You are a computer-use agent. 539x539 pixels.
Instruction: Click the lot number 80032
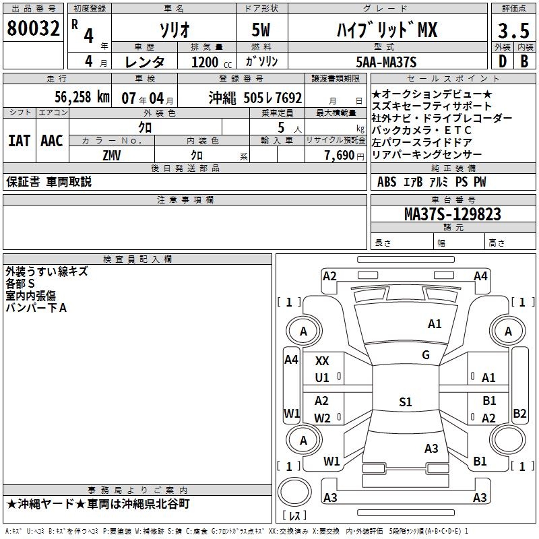tap(33, 30)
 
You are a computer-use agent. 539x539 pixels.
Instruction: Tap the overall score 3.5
tap(513, 31)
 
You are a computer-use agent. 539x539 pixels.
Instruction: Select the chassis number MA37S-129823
tap(452, 214)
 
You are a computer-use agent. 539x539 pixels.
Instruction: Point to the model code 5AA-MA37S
tap(386, 62)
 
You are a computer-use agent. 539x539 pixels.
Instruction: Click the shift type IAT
tap(19, 141)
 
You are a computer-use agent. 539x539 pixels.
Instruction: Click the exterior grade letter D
tap(502, 61)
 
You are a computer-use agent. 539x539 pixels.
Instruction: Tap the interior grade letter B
tap(525, 61)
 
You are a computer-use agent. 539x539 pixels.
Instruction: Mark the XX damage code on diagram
tap(322, 362)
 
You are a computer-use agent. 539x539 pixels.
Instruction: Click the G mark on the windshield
tap(426, 355)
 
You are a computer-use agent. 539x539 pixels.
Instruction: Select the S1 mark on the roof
tap(405, 402)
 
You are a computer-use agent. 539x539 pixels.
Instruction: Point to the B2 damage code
tap(519, 414)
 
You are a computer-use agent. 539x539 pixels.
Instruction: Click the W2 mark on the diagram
tap(322, 418)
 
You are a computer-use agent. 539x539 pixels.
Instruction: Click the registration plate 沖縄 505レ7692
tap(255, 97)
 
